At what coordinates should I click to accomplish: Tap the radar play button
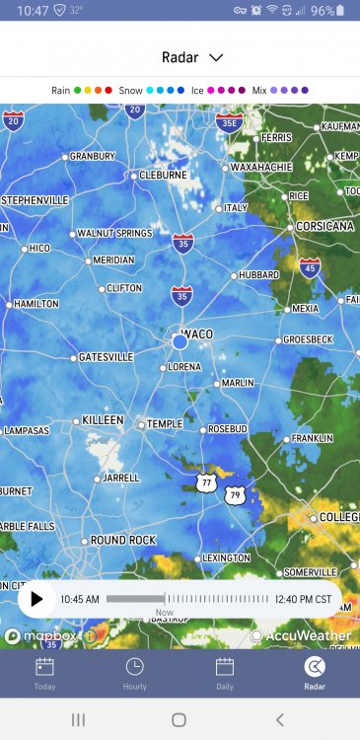point(37,598)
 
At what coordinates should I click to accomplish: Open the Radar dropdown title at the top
point(192,57)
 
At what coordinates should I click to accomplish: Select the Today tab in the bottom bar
point(44,673)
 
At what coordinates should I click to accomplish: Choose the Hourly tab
point(134,673)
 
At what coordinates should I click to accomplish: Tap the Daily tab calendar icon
point(225,666)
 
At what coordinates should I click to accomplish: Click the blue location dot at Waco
point(180,340)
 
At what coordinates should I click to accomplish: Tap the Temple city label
point(164,424)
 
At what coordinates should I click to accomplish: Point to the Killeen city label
point(103,420)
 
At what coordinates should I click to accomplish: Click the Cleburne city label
point(163,175)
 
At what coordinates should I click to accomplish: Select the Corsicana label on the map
point(325,226)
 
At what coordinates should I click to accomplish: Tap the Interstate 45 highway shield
point(310,266)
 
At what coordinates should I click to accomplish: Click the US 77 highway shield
point(205,481)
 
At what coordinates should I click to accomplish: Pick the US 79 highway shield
point(233,493)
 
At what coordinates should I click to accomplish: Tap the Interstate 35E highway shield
point(229,122)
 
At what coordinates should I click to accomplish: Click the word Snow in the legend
point(131,90)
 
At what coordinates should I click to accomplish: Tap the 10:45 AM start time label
point(80,598)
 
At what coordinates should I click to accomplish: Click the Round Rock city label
point(123,540)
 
